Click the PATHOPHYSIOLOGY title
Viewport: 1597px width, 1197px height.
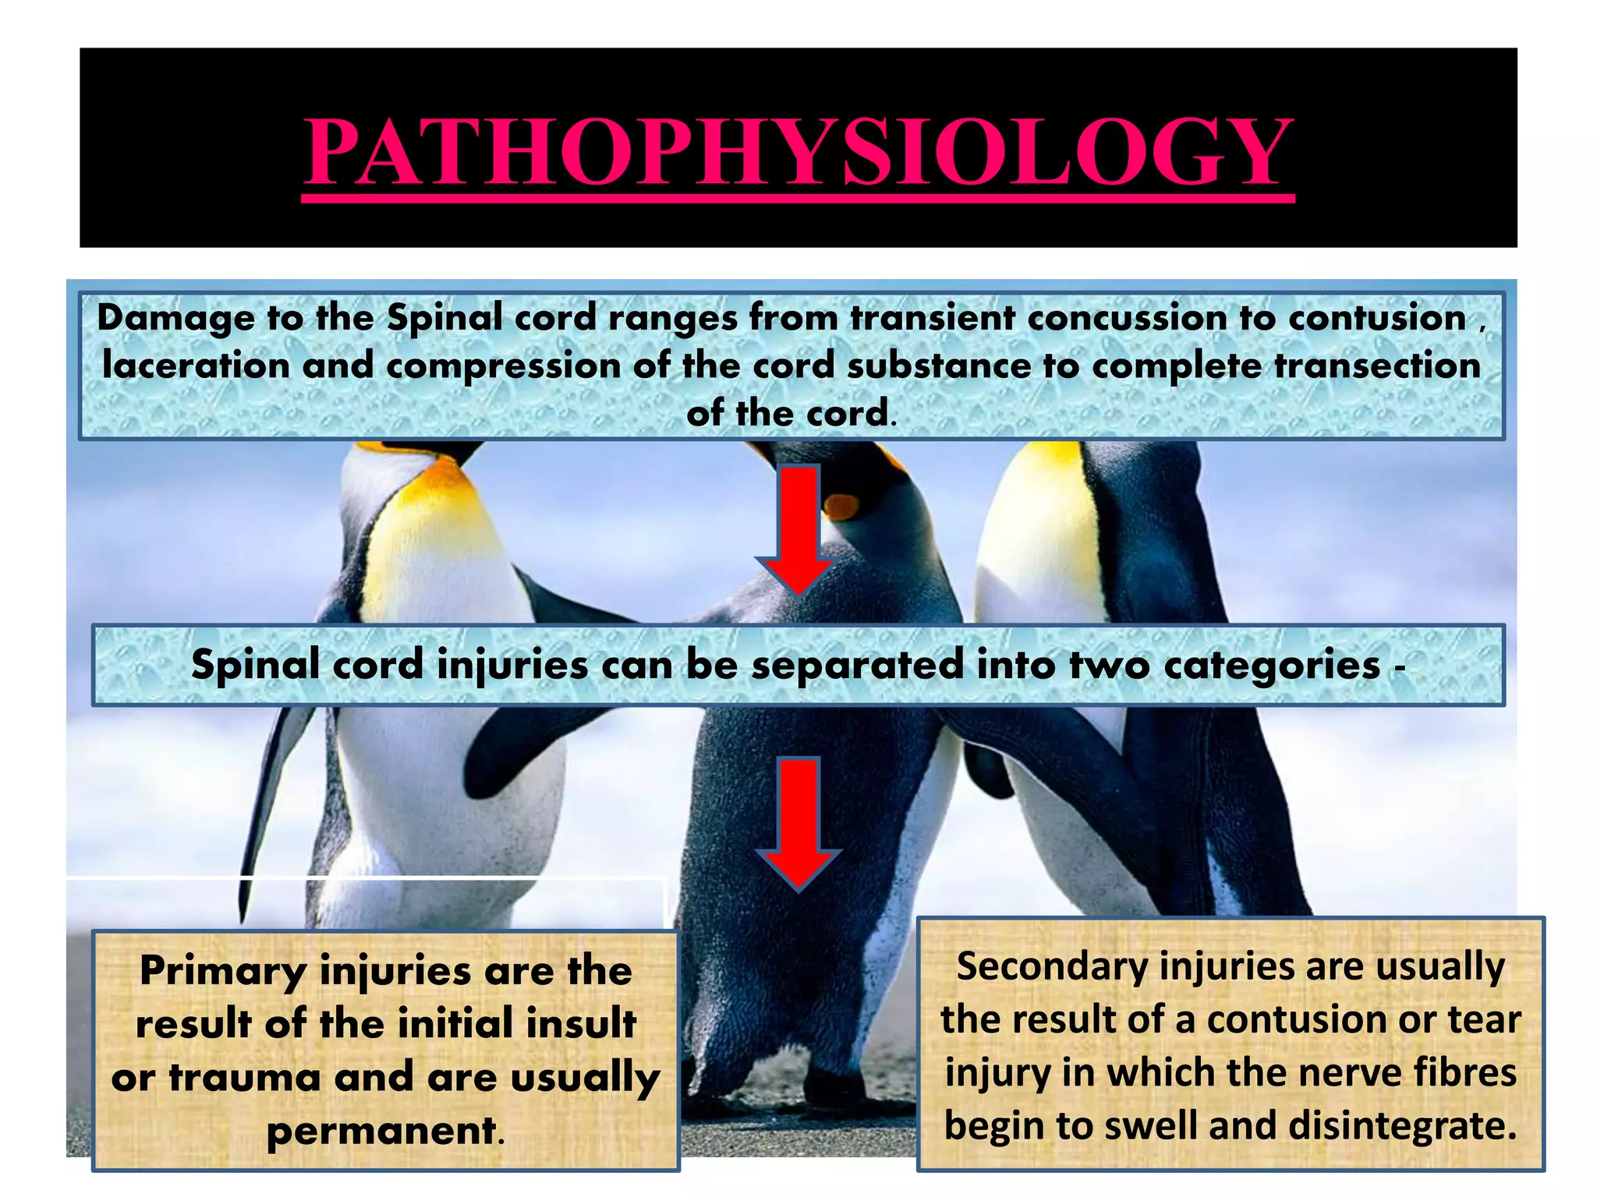[x=798, y=151]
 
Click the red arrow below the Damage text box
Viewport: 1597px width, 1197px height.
[x=798, y=530]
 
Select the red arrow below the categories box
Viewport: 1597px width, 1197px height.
[x=798, y=822]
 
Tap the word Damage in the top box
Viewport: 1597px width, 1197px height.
[x=176, y=319]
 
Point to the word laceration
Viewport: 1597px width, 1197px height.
[x=196, y=365]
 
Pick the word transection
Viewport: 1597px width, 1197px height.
[x=1377, y=365]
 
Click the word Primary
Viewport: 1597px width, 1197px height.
[x=223, y=973]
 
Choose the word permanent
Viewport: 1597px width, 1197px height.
[x=382, y=1131]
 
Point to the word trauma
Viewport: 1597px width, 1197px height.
[x=244, y=1078]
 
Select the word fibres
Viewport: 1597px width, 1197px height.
[x=1473, y=1072]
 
